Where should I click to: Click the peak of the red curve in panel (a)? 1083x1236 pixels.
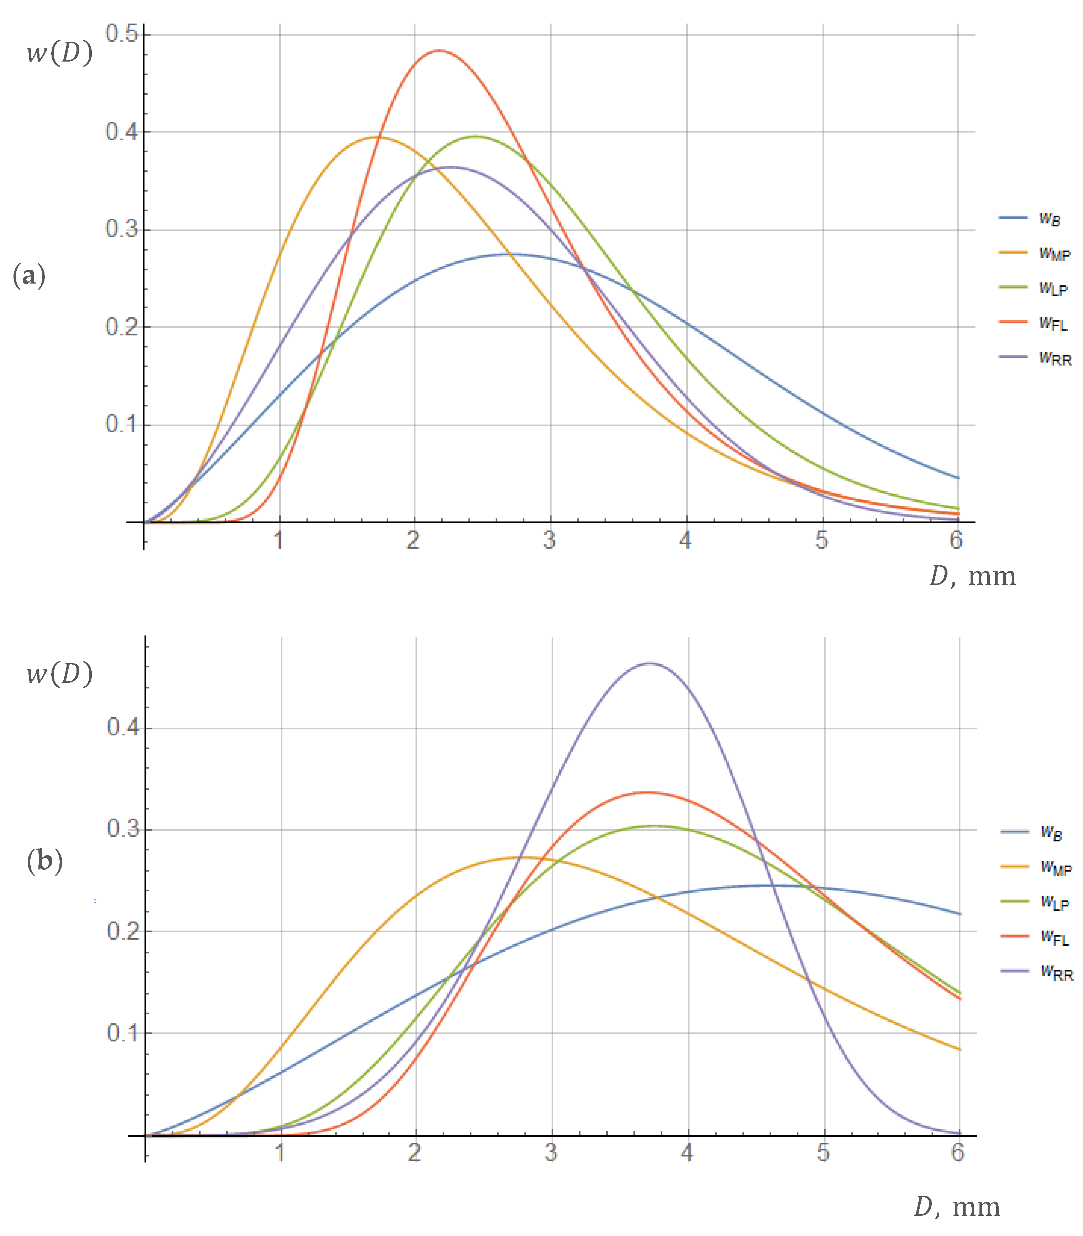439,51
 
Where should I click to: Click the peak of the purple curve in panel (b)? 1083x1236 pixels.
650,663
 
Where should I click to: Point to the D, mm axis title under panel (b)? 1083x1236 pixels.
957,1207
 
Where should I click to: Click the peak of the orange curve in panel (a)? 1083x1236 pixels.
378,137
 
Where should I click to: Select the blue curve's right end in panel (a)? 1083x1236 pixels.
958,478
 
